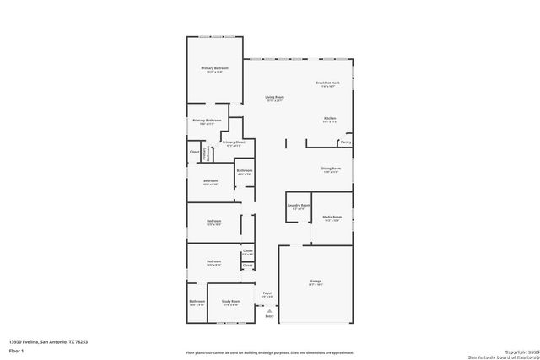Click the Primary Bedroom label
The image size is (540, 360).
[214, 67]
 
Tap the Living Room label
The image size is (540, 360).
[273, 98]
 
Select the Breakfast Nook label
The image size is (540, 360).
[327, 83]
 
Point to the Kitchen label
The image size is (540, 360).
[330, 118]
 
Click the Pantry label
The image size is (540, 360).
[345, 142]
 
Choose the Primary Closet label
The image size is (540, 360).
[233, 142]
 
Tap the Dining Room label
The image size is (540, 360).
[330, 169]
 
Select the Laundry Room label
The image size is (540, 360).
[299, 205]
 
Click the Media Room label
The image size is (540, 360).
[331, 218]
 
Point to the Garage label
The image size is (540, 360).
[316, 281]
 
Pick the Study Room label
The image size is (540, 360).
[231, 300]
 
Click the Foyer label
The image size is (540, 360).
[267, 293]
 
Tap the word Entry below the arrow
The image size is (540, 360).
[269, 316]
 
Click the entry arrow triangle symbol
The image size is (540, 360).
[269, 309]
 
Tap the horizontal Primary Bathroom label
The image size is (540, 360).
[206, 120]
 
